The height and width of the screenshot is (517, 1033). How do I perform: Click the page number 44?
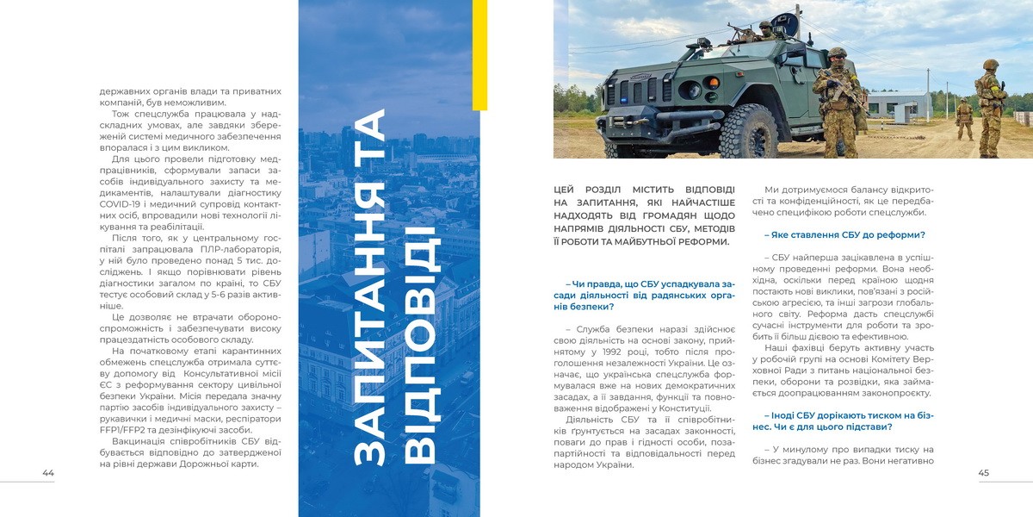(x=48, y=473)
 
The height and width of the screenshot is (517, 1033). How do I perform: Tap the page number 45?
(x=984, y=473)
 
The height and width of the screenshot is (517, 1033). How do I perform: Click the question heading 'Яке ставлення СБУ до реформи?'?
(x=845, y=235)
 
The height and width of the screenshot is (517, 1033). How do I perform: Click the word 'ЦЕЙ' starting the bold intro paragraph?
(x=566, y=190)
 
